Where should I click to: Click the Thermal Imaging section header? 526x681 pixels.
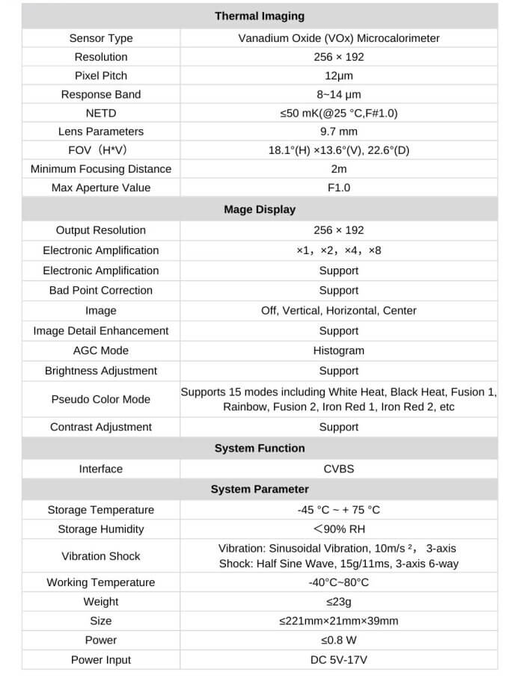tap(260, 16)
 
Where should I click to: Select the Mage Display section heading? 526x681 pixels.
tap(260, 209)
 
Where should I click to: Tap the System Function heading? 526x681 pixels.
tap(260, 448)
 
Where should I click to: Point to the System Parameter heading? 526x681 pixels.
tap(260, 489)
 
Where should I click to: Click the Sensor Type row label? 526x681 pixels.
tap(101, 38)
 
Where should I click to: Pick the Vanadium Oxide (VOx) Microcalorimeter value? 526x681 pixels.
tap(338, 38)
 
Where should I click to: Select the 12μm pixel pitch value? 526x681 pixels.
tap(338, 76)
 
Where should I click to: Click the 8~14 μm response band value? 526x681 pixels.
tap(338, 94)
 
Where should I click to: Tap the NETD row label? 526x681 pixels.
tap(101, 113)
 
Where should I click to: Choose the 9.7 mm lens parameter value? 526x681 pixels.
tap(338, 131)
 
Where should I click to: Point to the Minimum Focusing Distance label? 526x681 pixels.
tap(101, 169)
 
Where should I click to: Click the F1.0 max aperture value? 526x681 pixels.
tap(338, 188)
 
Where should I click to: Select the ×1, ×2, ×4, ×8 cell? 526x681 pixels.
tap(338, 250)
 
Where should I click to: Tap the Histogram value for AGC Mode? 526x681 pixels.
tap(338, 350)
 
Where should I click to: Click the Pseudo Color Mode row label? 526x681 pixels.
tap(101, 399)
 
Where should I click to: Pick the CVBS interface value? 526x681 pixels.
tap(338, 469)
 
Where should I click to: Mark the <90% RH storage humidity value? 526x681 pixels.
tap(338, 529)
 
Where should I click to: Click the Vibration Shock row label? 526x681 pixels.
tap(101, 556)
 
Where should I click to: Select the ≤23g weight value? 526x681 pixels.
tap(338, 602)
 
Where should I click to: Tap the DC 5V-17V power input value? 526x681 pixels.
tap(338, 659)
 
